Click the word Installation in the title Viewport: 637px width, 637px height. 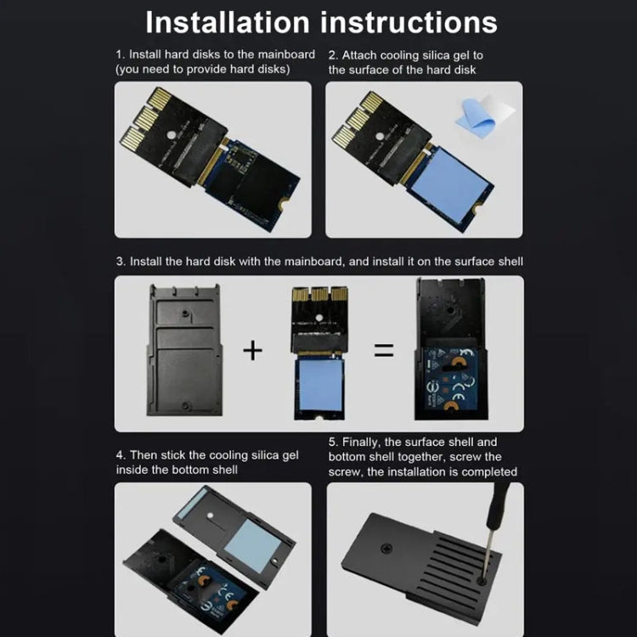coord(228,22)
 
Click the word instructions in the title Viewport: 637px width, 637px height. coord(409,22)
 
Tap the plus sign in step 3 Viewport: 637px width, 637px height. coord(252,350)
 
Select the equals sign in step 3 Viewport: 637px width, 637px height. coord(384,350)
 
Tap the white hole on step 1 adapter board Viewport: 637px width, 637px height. coord(171,134)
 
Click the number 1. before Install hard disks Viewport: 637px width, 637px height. coord(121,54)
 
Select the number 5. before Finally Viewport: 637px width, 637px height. coord(333,442)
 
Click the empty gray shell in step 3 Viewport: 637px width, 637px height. coord(185,350)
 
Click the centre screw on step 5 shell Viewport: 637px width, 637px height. coord(386,549)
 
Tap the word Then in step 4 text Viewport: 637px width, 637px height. coord(144,455)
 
